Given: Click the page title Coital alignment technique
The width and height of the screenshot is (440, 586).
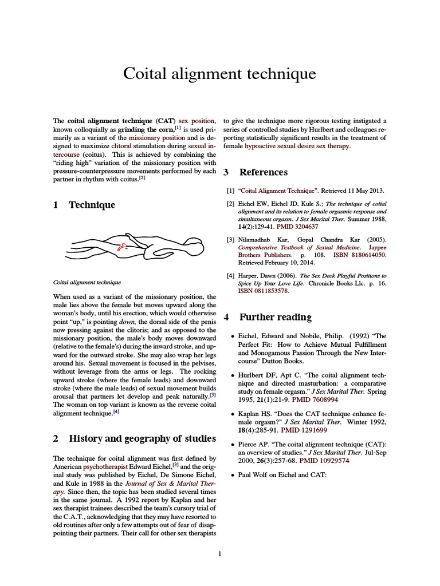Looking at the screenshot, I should [x=219, y=74].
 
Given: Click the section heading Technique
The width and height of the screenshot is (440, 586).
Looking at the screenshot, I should [x=92, y=205].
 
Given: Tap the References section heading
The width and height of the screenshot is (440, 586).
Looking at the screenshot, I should [x=264, y=172].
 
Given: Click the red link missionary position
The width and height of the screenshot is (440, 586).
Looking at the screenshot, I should [x=156, y=138].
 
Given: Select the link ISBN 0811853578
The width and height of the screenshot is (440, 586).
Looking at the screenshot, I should [x=264, y=291].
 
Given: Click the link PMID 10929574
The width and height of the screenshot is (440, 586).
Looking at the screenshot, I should [x=325, y=460].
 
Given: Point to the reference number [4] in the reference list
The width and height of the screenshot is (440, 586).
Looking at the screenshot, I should [x=230, y=275].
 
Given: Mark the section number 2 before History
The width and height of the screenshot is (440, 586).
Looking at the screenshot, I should [x=56, y=439].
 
